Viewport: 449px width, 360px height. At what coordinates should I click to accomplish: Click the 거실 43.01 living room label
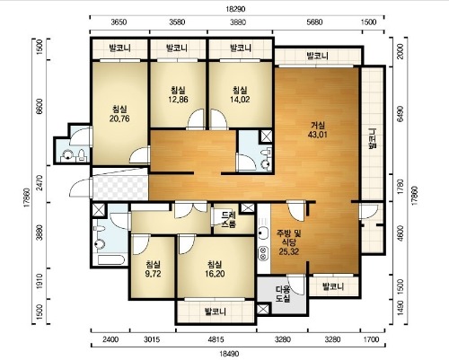[318, 129]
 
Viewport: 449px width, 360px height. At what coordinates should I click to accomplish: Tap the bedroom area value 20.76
[119, 119]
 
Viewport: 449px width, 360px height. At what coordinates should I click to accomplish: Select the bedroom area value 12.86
[179, 100]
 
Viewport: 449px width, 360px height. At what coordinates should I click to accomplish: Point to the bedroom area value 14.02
[240, 100]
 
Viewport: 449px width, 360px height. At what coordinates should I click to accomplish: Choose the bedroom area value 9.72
[153, 274]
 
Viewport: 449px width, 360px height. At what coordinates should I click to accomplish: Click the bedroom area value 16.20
[215, 274]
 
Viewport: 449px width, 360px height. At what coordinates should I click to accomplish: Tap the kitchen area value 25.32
[289, 251]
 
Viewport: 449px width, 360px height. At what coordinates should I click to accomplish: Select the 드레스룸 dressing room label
[229, 220]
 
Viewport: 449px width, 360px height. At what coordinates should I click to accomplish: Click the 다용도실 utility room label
[283, 294]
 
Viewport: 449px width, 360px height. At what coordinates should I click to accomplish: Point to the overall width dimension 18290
[235, 9]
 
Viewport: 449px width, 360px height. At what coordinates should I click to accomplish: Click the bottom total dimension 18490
[229, 354]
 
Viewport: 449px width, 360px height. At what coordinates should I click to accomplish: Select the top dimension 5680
[315, 22]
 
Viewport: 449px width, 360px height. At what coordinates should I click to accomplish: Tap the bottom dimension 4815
[216, 339]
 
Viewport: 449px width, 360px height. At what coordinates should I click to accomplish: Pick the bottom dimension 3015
[152, 339]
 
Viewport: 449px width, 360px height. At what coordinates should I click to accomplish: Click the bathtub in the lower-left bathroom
[110, 259]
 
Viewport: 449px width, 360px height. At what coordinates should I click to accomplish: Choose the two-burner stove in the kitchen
[263, 253]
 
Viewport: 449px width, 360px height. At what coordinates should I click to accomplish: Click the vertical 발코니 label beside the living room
[373, 138]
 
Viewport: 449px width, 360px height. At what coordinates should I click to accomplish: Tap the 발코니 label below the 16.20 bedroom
[216, 312]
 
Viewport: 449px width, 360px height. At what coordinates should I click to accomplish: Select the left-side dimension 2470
[41, 184]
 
